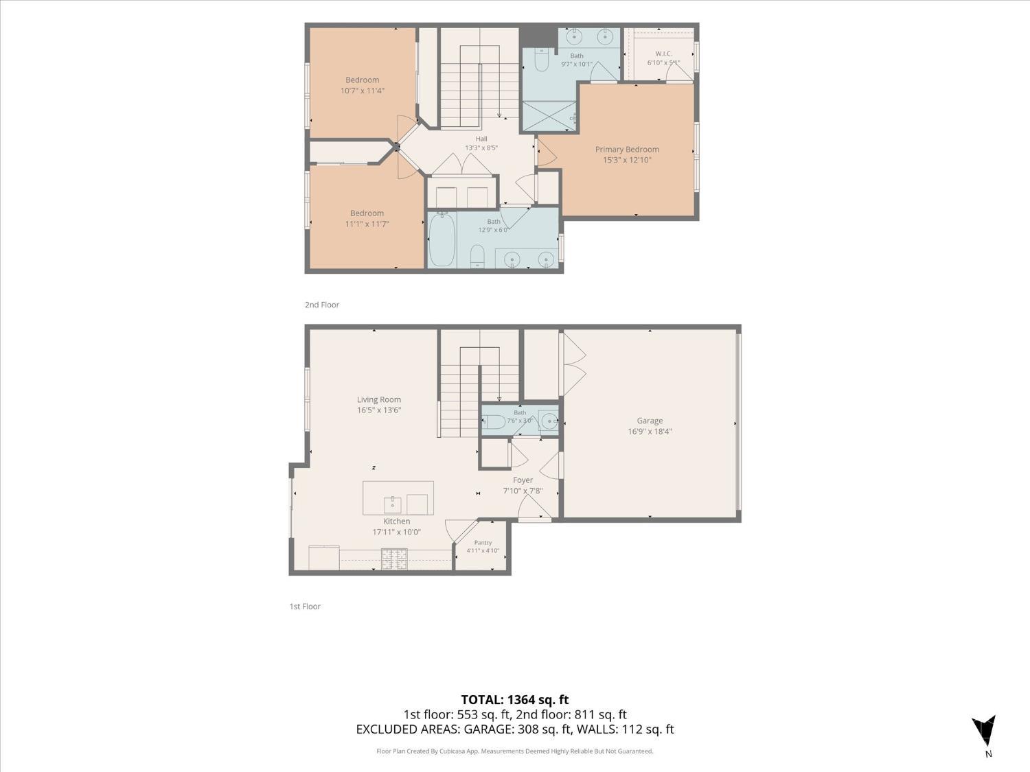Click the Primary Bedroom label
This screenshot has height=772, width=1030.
[x=627, y=150]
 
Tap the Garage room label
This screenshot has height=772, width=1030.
[x=650, y=421]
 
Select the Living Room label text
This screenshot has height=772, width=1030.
[x=378, y=400]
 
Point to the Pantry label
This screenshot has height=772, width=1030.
[x=483, y=542]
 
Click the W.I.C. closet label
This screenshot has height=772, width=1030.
[x=663, y=54]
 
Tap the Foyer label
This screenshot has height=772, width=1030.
[x=523, y=480]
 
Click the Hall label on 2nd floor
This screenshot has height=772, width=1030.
[x=481, y=139]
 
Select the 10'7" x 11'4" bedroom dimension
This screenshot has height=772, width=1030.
[x=363, y=91]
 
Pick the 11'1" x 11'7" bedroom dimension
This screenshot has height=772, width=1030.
[x=367, y=224]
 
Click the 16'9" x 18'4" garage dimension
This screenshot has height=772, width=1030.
[x=650, y=431]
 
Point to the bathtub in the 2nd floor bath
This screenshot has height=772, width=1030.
[x=442, y=239]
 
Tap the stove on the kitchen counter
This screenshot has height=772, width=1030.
[x=394, y=559]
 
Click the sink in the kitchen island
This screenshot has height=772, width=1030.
[x=393, y=505]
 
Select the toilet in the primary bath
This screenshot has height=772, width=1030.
[x=542, y=60]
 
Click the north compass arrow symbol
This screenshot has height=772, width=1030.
[x=983, y=731]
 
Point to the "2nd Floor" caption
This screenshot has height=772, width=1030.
[x=322, y=305]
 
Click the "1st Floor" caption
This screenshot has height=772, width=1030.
[x=305, y=606]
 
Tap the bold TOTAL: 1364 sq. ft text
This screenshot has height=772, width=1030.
[x=515, y=700]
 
